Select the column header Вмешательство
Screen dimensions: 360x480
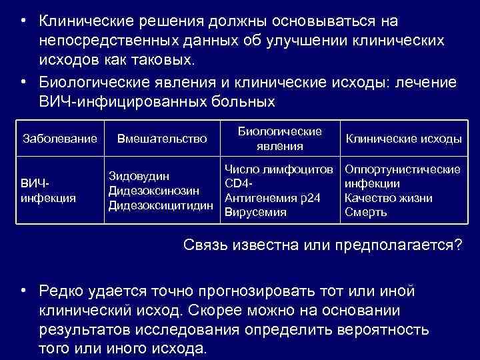pyautogui.click(x=162, y=139)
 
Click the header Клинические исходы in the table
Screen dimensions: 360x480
pyautogui.click(x=403, y=139)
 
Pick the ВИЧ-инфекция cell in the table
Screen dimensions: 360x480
pyautogui.click(x=48, y=190)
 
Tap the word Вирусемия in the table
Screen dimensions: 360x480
pyautogui.click(x=256, y=212)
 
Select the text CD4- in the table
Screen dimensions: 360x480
pyautogui.click(x=240, y=183)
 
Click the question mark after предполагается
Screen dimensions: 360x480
pyautogui.click(x=457, y=245)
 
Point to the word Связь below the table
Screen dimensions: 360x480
pyautogui.click(x=205, y=245)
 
